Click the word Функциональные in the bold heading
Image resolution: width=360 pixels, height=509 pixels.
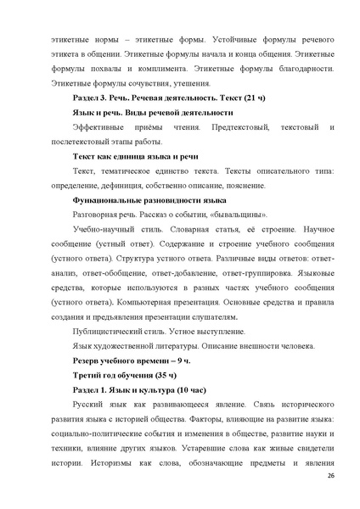point(105,200)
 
